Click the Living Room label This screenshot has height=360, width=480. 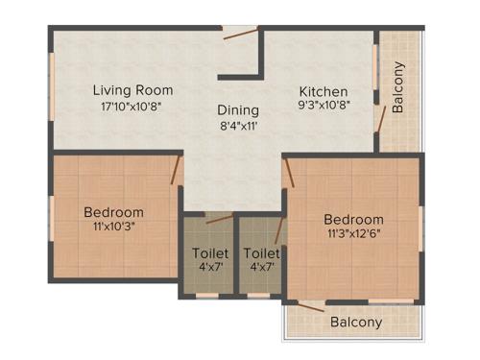(x=132, y=90)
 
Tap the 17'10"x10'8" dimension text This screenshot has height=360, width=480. (x=132, y=107)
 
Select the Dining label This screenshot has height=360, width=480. (x=236, y=109)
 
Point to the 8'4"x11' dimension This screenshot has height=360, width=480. (x=236, y=125)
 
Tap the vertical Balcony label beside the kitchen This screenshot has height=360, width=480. (x=398, y=87)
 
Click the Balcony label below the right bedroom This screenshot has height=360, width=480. (x=356, y=323)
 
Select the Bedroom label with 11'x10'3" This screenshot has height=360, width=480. (x=113, y=212)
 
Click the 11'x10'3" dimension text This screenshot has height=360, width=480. (x=113, y=228)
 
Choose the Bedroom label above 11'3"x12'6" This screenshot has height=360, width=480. (x=353, y=219)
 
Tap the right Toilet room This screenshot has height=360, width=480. (x=259, y=260)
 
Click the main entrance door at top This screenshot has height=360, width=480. (x=241, y=36)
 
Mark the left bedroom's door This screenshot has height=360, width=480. (x=176, y=171)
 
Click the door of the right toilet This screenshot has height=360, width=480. (x=278, y=230)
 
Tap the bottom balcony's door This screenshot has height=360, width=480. (x=311, y=306)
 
